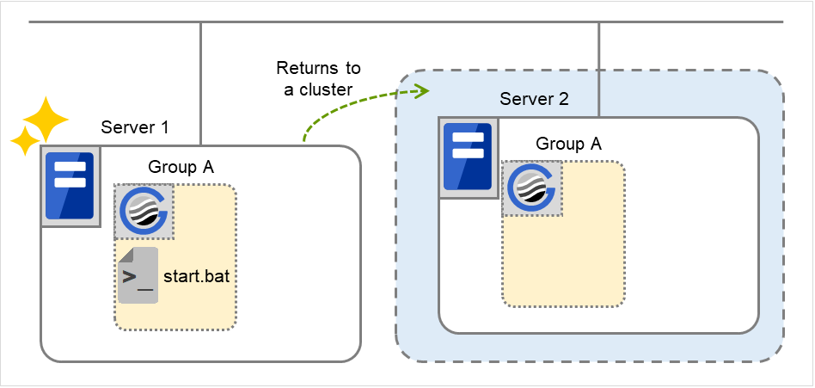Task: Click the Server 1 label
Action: [x=135, y=128]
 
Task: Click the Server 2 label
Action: [x=534, y=99]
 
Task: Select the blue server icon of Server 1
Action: [x=70, y=185]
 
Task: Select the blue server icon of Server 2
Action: [x=467, y=157]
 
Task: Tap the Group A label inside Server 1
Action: [x=181, y=167]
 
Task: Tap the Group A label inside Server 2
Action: [x=568, y=144]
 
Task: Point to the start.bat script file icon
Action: [x=138, y=275]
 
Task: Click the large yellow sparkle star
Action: [x=45, y=120]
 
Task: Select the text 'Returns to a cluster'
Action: [x=318, y=79]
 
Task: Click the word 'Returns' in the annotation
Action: [x=318, y=68]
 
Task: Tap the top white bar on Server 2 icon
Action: [x=467, y=138]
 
